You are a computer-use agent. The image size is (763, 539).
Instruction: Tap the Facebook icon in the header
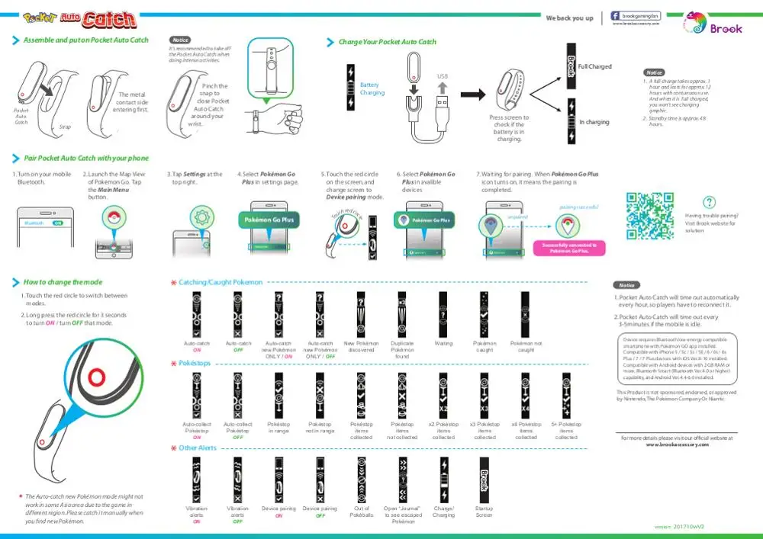click(x=615, y=16)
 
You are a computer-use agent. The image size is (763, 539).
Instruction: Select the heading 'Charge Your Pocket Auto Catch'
click(x=388, y=42)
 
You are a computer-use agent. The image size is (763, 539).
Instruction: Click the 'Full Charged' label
click(x=595, y=67)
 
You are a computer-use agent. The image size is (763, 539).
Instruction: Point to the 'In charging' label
click(x=594, y=122)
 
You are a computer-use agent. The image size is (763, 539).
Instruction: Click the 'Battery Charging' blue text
click(x=372, y=89)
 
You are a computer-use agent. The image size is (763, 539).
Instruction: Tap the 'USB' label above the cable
click(x=442, y=76)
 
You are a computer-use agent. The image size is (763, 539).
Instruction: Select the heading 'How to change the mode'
click(x=63, y=282)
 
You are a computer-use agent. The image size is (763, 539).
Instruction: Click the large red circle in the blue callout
click(x=96, y=378)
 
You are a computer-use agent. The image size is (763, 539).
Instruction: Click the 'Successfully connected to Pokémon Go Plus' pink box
click(x=569, y=248)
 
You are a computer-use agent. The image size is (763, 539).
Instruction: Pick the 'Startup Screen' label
click(x=484, y=512)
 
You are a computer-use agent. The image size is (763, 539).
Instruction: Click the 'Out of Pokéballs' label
click(x=362, y=512)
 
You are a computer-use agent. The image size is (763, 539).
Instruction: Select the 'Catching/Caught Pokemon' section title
click(x=221, y=282)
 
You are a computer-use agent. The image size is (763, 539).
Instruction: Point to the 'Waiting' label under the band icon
click(x=443, y=344)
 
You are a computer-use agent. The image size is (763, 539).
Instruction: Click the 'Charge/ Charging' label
click(x=443, y=512)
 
